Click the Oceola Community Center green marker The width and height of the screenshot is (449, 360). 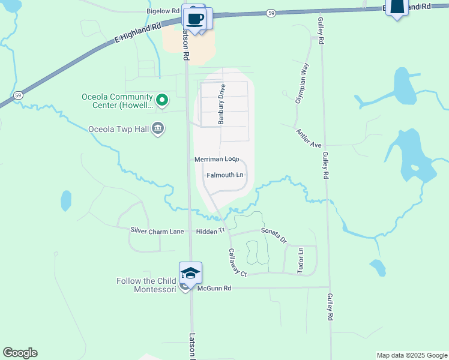tap(161, 99)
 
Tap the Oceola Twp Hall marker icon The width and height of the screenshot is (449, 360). tap(158, 128)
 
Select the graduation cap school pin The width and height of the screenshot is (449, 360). tap(191, 273)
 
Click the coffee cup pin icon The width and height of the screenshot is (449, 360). tap(194, 18)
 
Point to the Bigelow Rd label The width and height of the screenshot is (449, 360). tap(163, 11)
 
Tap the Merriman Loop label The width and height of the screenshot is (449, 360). tap(217, 159)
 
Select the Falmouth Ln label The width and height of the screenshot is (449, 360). tap(225, 175)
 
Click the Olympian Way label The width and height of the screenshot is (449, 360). tap(301, 83)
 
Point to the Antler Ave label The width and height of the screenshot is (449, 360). tap(309, 138)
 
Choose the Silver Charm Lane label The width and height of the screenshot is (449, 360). tap(157, 230)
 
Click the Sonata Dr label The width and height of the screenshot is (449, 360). tap(274, 235)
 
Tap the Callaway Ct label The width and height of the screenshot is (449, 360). tap(237, 262)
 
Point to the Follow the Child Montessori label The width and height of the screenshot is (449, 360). tap(147, 285)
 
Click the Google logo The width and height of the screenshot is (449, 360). tap(20, 353)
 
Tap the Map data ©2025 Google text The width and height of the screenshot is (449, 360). tap(411, 355)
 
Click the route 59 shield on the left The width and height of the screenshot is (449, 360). tap(19, 95)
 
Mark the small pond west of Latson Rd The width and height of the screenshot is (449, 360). tap(66, 200)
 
